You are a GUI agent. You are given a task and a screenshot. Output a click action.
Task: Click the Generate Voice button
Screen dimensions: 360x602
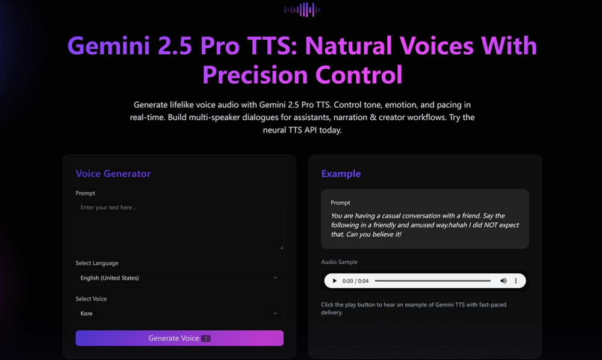coord(179,338)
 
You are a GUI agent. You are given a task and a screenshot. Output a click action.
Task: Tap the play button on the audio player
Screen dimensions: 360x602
coord(335,281)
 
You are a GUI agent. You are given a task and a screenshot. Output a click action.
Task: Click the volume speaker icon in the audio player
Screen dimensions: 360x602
coord(503,281)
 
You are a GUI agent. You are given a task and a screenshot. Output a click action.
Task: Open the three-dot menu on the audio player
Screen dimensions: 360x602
coord(516,281)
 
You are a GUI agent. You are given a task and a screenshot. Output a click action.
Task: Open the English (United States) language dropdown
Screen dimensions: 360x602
coord(179,278)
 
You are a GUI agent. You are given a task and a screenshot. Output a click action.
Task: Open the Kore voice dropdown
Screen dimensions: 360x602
coord(179,314)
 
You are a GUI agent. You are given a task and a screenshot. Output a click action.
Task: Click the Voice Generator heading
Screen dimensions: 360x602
coord(113,174)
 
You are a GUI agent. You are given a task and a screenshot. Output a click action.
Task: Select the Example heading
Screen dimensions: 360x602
coord(341,174)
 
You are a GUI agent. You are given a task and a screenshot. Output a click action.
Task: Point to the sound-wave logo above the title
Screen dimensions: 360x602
coord(302,9)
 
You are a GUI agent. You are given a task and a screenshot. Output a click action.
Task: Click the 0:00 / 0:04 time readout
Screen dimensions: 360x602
coord(355,281)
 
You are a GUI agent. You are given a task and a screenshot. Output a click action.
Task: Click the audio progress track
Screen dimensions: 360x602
coord(432,281)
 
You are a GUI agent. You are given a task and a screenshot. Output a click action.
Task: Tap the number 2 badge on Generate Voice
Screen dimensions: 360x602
coord(206,339)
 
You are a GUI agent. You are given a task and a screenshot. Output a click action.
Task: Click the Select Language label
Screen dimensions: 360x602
coord(97,263)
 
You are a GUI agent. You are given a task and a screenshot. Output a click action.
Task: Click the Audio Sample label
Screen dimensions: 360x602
coord(340,262)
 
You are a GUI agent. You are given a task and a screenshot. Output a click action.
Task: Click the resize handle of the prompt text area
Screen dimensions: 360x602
coord(281,247)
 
